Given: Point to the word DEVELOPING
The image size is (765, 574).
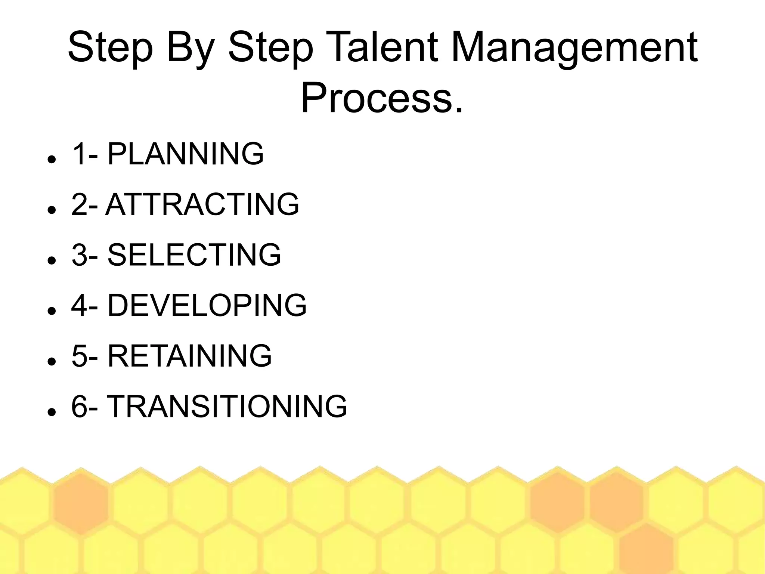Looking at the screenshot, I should coord(207,305).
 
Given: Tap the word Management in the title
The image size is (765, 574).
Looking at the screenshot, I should coord(574,48).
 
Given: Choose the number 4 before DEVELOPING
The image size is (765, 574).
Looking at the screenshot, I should coord(79,305).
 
